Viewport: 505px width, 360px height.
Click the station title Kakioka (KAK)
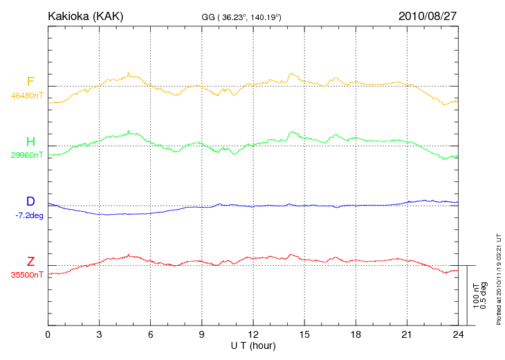tap(85, 15)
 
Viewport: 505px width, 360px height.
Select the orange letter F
tap(30, 82)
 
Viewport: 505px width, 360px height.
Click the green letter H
tap(30, 142)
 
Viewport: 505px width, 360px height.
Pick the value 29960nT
tap(27, 155)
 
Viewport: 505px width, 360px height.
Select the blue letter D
tap(30, 201)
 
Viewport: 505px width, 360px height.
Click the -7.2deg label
tap(29, 215)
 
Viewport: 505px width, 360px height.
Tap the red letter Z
tap(30, 262)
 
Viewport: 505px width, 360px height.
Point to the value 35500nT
tap(27, 275)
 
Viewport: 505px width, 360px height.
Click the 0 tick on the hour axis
tap(48, 334)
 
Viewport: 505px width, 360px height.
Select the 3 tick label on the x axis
tap(99, 334)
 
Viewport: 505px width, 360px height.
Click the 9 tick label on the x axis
tap(201, 334)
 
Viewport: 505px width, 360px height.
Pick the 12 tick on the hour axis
tap(253, 334)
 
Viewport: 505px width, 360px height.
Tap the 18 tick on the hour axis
tap(356, 334)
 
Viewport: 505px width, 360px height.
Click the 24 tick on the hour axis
tap(458, 334)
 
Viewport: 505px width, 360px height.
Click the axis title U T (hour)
tap(253, 345)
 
